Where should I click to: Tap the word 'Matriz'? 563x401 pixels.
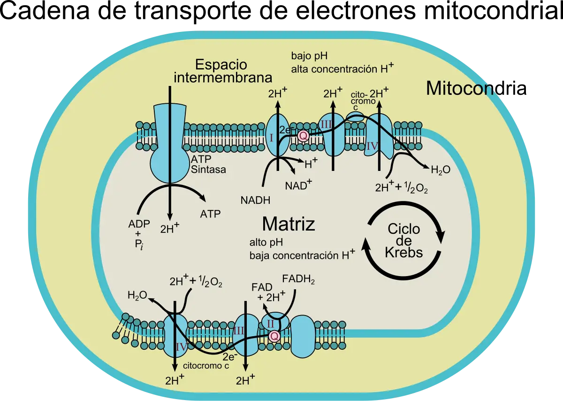[x=288, y=224]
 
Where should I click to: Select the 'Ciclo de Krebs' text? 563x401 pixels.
[x=403, y=240]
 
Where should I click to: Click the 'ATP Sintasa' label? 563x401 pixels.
[x=208, y=165]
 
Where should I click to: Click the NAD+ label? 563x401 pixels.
[x=298, y=185]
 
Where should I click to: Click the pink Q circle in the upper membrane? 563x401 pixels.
[x=303, y=136]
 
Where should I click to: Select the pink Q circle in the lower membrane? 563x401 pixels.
[x=274, y=336]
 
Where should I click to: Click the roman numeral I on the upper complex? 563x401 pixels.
[x=271, y=137]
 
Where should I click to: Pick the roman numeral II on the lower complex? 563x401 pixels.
[x=270, y=323]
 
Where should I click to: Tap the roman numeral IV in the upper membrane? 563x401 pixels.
[x=372, y=146]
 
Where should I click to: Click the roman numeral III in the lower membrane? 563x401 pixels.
[x=238, y=330]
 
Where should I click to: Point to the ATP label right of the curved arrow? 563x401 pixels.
[x=210, y=214]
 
